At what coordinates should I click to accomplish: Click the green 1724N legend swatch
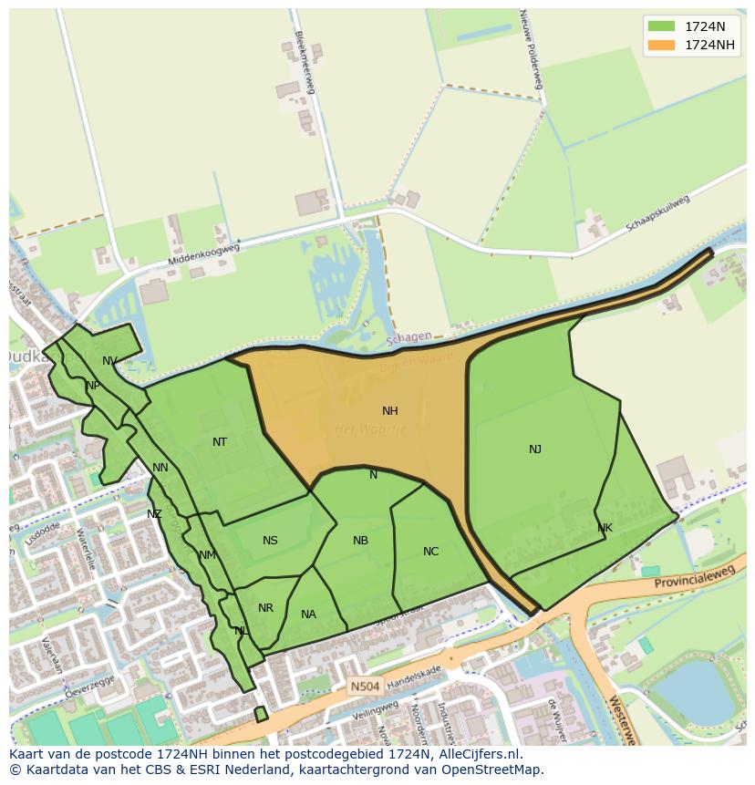click(x=662, y=26)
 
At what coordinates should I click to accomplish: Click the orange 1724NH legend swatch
click(x=662, y=45)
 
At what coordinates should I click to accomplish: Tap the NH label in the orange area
click(x=390, y=411)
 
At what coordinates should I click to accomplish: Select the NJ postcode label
click(x=535, y=449)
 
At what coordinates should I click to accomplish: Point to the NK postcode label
click(x=605, y=528)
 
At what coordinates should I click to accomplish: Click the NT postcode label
click(x=220, y=442)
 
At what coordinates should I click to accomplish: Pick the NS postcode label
click(x=270, y=541)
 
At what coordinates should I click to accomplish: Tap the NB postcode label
click(x=360, y=541)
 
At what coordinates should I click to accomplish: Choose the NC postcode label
click(x=431, y=552)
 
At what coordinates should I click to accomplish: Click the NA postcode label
click(x=308, y=615)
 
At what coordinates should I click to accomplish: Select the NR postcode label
click(x=265, y=608)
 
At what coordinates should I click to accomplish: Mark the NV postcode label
click(x=109, y=361)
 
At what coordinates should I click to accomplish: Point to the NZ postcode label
click(x=154, y=514)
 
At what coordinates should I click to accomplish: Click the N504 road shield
click(x=362, y=684)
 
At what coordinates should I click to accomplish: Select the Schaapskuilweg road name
click(x=657, y=213)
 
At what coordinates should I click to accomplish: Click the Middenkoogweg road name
click(x=203, y=254)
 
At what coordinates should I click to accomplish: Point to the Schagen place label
click(x=409, y=337)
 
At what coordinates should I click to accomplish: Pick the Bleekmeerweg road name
click(x=305, y=62)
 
